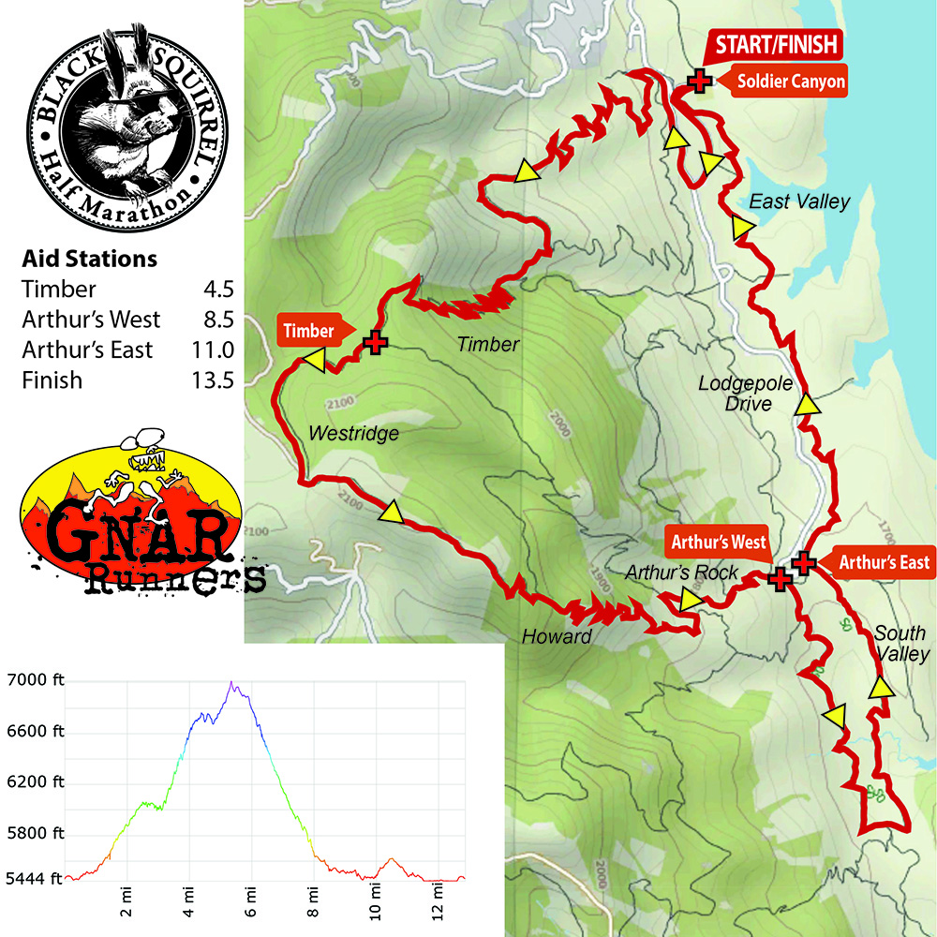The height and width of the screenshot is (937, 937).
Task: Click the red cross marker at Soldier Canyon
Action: pos(698,82)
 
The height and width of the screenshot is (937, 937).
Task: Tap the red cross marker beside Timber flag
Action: pos(376,343)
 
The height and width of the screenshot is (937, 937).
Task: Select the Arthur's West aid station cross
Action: pos(780,578)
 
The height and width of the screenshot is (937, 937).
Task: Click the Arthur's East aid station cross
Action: pos(804,562)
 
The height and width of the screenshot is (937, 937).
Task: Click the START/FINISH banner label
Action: pos(777,44)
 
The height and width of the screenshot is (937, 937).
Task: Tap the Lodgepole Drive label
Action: pos(746,394)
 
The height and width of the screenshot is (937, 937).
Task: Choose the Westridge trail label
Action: pos(352,434)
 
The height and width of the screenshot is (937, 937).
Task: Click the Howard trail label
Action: pos(557,637)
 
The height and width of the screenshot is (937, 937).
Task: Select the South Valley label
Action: pos(900,644)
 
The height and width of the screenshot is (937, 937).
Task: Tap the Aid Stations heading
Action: pos(89,259)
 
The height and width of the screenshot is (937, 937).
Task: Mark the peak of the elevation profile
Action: pos(231,682)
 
